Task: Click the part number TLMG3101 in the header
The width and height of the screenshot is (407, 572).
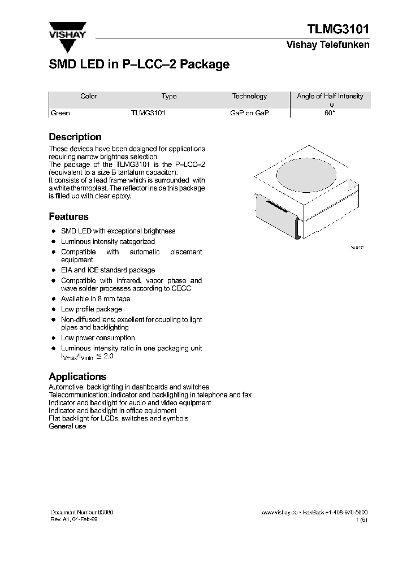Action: point(338,29)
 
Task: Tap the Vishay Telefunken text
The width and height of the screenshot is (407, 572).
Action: point(328,45)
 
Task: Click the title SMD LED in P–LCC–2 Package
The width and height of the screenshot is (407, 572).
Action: point(139,64)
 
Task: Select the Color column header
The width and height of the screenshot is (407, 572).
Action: point(89,97)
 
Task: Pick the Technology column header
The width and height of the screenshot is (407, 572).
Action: point(249,97)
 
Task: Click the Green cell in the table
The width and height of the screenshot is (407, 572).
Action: point(60,113)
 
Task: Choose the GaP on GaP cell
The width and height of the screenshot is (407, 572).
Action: point(249,113)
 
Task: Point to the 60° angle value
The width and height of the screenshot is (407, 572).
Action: point(330,113)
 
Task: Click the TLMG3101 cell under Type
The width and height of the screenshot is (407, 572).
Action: point(148,113)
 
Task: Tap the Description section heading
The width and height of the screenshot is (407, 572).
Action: point(75,137)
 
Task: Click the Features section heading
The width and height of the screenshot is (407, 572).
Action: point(68,216)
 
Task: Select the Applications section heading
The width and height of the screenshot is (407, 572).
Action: point(77,376)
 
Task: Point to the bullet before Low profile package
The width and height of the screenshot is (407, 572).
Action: point(53,310)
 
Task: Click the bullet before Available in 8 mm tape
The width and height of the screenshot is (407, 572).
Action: point(53,299)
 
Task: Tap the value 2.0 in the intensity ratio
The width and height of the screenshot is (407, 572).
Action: point(109,357)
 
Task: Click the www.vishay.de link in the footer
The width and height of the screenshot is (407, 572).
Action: point(279,512)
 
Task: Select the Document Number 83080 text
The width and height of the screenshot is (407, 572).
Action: point(82,512)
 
